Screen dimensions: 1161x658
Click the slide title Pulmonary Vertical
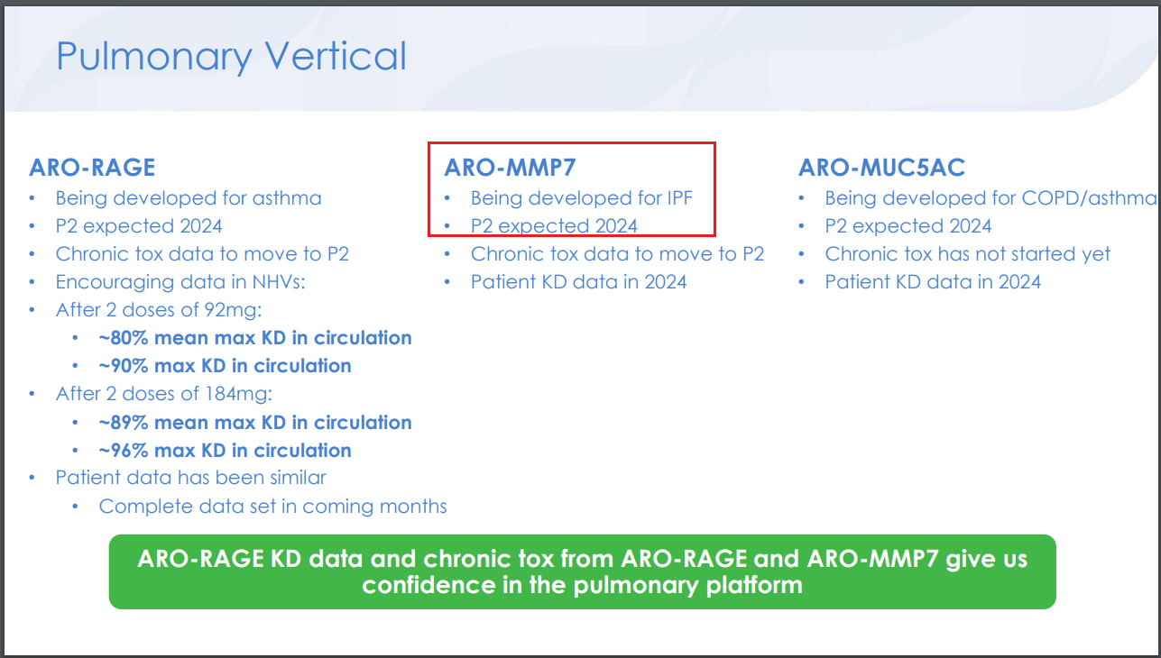[x=231, y=57]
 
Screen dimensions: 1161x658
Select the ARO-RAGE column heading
[x=92, y=168]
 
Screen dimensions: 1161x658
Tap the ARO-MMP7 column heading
[x=510, y=168]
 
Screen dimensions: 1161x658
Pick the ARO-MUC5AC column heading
[x=881, y=168]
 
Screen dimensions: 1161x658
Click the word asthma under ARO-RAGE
[x=287, y=198]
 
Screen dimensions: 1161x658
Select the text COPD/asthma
[x=1089, y=198]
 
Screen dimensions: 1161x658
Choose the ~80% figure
[x=124, y=338]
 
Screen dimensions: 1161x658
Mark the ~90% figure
[x=124, y=366]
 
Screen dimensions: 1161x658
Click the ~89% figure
[x=124, y=423]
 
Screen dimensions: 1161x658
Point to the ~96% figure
[x=124, y=451]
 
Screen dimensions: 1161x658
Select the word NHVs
[x=279, y=282]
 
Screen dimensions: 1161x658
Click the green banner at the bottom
[x=582, y=572]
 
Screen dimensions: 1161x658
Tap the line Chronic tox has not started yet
[x=967, y=254]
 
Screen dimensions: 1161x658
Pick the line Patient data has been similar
[x=190, y=478]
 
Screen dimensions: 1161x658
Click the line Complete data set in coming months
[x=272, y=507]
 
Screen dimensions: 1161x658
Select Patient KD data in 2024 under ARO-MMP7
[x=578, y=282]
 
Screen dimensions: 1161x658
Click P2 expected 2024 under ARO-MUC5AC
[x=908, y=226]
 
